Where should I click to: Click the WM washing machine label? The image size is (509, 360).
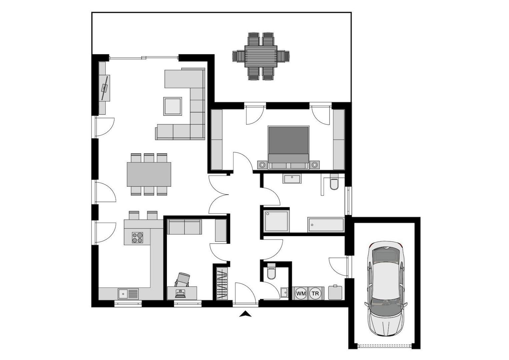[x=301, y=293]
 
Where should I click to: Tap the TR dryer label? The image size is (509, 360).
[x=315, y=293]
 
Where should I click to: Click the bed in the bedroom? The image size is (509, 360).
[x=288, y=148]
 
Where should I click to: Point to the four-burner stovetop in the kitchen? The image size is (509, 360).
[x=137, y=237]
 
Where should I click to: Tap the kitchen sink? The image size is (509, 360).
[x=128, y=294]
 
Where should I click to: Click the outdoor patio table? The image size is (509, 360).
[x=261, y=56]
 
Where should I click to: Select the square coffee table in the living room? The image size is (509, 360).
[x=172, y=106]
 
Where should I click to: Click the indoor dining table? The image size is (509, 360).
[x=149, y=174]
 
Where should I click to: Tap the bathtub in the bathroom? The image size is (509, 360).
[x=326, y=225]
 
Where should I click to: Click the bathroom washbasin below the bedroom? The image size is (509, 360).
[x=292, y=178]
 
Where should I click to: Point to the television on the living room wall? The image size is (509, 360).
[x=105, y=88]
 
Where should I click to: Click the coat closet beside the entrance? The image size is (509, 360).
[x=222, y=284]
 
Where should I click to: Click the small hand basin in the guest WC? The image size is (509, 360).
[x=284, y=293]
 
